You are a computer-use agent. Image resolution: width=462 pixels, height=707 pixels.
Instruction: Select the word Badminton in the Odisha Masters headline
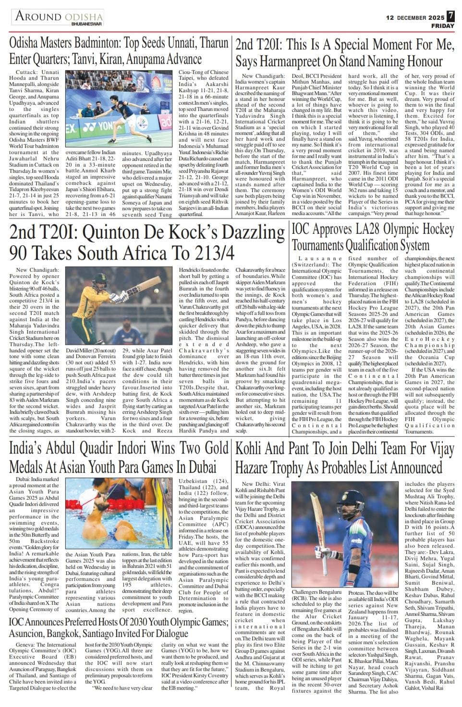click(x=106, y=44)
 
